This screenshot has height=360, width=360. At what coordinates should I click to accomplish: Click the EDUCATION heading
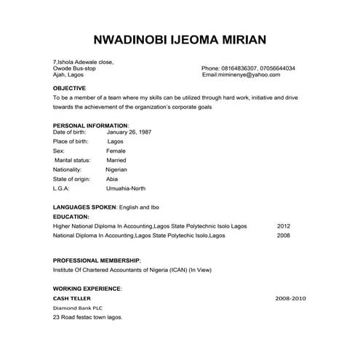pos(71,217)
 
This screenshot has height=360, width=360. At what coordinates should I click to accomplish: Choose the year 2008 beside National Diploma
pos(283,236)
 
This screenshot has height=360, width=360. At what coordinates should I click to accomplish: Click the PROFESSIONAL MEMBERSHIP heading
pos(97,260)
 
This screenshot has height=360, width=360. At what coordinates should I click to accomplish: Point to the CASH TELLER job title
pos(73,298)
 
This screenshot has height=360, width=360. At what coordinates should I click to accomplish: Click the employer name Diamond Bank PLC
pos(79,308)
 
